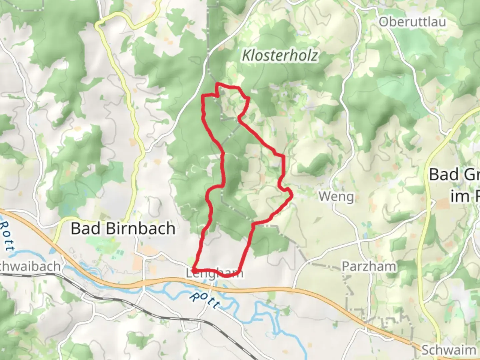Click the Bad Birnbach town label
(123, 229)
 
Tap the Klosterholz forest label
(280, 55)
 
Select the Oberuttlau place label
(412, 22)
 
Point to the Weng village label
(336, 196)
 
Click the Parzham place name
(369, 266)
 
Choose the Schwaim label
(449, 350)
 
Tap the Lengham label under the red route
(214, 274)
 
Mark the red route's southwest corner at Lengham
(194, 270)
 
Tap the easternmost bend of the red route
(292, 194)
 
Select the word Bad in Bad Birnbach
(85, 229)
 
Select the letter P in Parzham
(346, 266)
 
